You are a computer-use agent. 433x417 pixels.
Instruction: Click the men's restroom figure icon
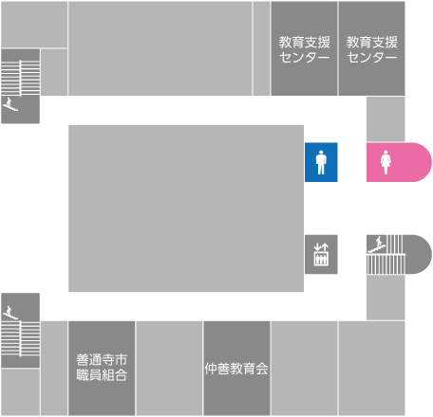click(321, 162)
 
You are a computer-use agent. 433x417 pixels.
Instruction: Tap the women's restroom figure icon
click(386, 162)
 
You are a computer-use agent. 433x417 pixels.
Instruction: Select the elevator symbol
click(321, 254)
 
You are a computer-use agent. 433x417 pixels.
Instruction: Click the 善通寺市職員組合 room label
click(102, 368)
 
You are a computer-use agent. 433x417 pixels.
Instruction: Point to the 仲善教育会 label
click(236, 369)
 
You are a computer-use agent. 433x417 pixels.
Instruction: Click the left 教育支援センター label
click(304, 49)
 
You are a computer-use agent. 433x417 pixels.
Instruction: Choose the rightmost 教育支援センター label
click(371, 49)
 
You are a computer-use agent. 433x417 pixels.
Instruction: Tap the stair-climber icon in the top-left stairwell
click(10, 104)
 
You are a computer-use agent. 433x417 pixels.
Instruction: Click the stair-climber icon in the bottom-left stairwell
click(10, 313)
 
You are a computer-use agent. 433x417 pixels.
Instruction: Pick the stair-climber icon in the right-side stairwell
click(377, 245)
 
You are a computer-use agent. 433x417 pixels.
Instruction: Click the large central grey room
click(186, 208)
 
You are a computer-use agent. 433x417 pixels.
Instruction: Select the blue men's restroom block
click(321, 162)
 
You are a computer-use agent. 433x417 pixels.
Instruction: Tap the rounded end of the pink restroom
click(422, 162)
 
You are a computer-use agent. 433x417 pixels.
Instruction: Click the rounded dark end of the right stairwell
click(420, 254)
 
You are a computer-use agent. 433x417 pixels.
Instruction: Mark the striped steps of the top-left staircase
click(20, 78)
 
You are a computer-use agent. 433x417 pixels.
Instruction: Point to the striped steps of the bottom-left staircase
click(20, 338)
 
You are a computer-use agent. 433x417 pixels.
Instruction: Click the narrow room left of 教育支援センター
click(261, 48)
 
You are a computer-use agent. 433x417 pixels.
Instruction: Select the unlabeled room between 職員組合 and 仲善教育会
click(169, 369)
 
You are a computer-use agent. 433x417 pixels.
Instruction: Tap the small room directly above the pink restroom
click(386, 118)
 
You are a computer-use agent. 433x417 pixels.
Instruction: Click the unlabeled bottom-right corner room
click(371, 369)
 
